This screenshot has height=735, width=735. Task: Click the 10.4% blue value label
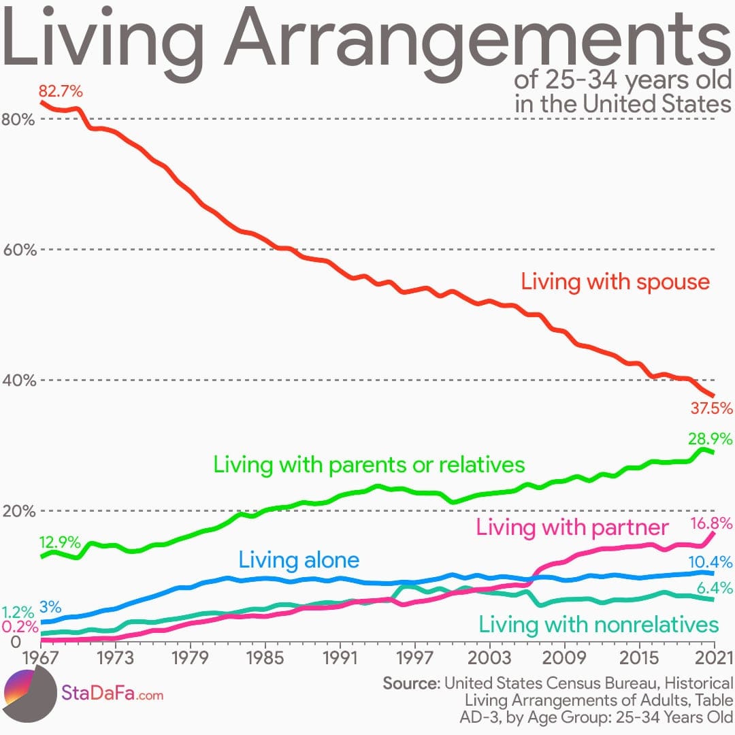pos(710,562)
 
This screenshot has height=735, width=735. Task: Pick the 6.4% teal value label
pos(714,588)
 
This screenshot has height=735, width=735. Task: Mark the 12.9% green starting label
pos(60,543)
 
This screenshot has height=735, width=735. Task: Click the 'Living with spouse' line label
pos(615,282)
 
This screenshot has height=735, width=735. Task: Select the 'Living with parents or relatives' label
pos(369,465)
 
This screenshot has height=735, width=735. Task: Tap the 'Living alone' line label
pos(298,560)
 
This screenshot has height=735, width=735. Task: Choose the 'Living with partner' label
pos(572,527)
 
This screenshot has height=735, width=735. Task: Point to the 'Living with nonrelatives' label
pos(598,624)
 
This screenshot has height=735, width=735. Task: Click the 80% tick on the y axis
pos(18,119)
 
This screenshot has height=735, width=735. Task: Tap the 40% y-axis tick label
pos(18,380)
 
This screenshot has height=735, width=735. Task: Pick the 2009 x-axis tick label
pos(564,659)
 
